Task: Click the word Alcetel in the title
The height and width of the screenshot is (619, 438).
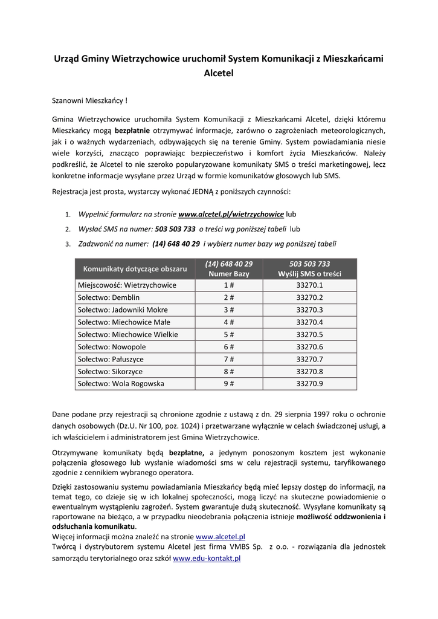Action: pos(219,73)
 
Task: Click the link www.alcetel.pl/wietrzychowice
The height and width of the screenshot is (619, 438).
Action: pos(231,214)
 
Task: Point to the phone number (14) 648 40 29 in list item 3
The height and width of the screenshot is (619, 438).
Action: pos(176,244)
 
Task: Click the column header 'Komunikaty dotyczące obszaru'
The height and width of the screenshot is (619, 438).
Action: pos(135,268)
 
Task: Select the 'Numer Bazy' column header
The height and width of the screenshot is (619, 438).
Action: pos(228,274)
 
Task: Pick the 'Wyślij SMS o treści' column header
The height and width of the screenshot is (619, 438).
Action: pos(309,274)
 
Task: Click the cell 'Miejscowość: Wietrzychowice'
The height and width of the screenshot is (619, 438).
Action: pos(127,285)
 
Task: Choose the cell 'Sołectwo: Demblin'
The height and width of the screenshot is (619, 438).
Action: pos(109,297)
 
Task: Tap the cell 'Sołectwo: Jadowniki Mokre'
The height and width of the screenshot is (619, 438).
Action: pos(123,309)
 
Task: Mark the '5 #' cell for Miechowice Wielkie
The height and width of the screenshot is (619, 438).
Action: pos(228,334)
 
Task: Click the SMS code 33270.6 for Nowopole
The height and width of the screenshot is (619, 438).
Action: pos(309,346)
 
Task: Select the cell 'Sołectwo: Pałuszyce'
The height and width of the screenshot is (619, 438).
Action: pos(111,359)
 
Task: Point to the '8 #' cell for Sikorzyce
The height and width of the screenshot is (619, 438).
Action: pos(228,371)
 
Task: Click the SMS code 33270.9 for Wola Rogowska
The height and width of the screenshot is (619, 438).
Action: pos(309,384)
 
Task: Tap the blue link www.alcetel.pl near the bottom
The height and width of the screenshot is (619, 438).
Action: pos(221,536)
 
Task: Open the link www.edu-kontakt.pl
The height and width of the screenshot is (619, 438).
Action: pos(207,559)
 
